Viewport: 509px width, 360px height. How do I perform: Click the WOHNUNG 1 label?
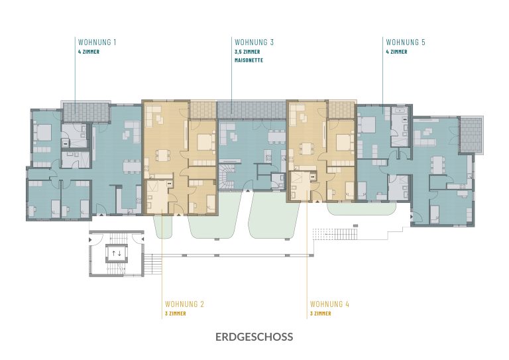97,42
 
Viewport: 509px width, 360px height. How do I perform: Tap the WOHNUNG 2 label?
184,304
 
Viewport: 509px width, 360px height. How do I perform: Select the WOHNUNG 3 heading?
254,42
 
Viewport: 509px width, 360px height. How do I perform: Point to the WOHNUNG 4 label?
329,304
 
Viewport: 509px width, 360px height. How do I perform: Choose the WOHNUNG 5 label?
406,42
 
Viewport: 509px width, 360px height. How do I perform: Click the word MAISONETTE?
249,60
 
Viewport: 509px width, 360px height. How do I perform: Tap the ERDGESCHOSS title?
254,337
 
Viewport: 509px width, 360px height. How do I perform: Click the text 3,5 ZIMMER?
247,52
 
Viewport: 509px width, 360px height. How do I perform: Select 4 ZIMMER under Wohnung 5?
397,52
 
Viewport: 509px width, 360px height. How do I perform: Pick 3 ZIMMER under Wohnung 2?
176,314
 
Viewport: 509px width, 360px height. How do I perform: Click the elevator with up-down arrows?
117,253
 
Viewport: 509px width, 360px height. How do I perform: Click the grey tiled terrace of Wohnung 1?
85,112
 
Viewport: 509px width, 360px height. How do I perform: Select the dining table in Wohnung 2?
161,154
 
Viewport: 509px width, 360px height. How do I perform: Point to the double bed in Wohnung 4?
345,142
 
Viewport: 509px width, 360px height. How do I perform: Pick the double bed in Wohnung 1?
42,133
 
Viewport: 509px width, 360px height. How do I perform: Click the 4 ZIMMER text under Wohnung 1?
89,52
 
